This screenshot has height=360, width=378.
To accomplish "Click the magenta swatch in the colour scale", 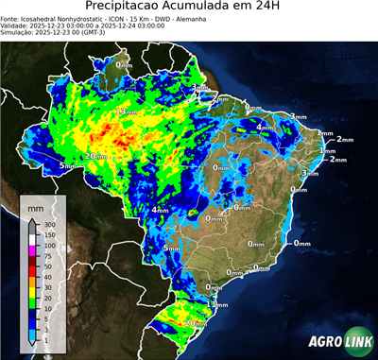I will pyautogui.click(x=33, y=249).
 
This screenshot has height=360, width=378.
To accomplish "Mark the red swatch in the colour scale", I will pyautogui.click(x=33, y=270).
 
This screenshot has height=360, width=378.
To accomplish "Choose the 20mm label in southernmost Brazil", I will pyautogui.click(x=196, y=324).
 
